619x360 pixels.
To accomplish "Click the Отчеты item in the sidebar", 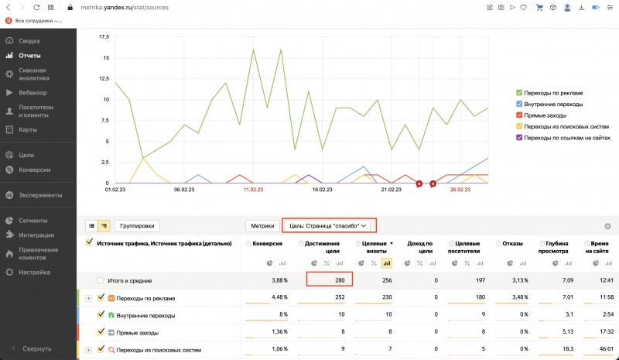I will tap(30, 56).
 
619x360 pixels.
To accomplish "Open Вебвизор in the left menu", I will tap(33, 92).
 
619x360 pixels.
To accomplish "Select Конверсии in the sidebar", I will tap(35, 170).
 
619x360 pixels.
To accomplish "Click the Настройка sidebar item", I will tap(35, 272).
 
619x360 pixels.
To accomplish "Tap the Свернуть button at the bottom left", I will tap(36, 348).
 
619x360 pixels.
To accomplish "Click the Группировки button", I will tap(137, 226).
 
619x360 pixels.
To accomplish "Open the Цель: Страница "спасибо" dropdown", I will tap(328, 225).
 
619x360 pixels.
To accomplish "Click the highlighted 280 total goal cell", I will tap(330, 279).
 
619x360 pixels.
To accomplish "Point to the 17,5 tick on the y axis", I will tap(102, 36).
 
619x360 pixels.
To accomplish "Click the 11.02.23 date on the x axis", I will tap(253, 189).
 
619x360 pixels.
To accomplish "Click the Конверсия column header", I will tap(266, 243).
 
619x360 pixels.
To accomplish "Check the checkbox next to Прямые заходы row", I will tap(101, 333).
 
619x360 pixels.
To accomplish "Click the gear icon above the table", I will tap(607, 226).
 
